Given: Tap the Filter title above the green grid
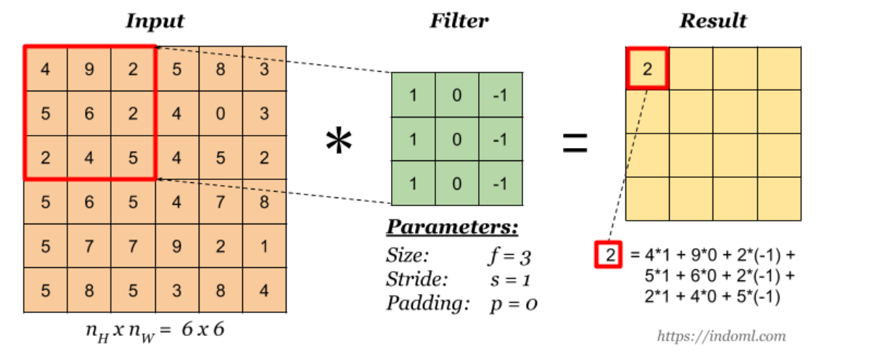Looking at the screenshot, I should (x=458, y=21).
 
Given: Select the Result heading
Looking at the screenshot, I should (x=712, y=21).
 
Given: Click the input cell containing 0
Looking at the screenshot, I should (x=221, y=113).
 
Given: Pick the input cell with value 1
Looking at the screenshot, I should (x=264, y=246).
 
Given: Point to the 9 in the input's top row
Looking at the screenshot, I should (x=89, y=70).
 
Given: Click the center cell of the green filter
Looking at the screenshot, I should (x=456, y=139).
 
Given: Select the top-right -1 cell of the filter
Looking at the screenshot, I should (x=499, y=94).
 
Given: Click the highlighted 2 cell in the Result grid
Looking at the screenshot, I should (x=646, y=69).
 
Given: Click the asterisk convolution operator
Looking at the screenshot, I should (x=338, y=142).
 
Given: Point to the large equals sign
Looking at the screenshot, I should (x=575, y=142).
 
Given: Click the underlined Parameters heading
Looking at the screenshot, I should (x=452, y=228).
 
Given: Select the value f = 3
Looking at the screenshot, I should (x=511, y=256).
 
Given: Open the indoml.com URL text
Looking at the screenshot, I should (x=721, y=335).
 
